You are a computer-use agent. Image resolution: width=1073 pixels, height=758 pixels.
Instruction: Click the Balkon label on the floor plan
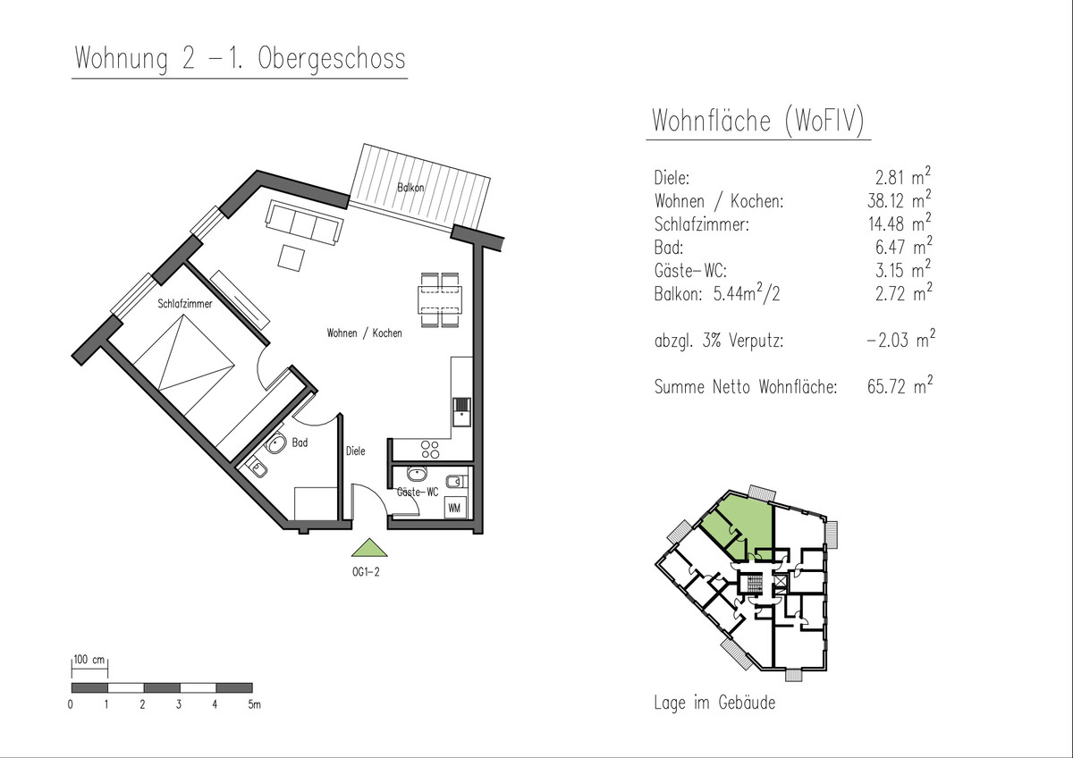pos(410,188)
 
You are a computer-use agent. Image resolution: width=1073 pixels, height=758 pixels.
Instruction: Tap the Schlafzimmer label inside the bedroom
pos(185,304)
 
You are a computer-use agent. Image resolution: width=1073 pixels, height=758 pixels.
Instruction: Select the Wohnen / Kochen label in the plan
pos(364,333)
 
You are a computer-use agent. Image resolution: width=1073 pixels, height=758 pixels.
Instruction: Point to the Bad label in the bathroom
pos(300,443)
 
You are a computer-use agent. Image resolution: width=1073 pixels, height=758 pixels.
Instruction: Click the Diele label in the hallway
pos(356,451)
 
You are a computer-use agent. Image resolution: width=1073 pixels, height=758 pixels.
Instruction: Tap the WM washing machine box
pos(454,508)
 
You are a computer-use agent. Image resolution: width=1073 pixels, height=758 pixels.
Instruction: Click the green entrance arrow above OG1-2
pos(368,548)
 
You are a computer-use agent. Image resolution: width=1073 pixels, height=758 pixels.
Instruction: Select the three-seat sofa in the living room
pos(304,223)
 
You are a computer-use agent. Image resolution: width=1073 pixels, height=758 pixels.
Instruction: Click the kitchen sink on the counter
pos(461,412)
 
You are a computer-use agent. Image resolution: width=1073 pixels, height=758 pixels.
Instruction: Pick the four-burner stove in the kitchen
pos(430,450)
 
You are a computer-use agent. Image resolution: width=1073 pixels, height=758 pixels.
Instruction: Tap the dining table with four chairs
pos(440,300)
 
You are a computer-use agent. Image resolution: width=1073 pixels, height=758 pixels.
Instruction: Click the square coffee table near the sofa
pos(291,258)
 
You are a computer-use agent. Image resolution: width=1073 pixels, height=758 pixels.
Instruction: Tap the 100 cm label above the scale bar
pos(89,660)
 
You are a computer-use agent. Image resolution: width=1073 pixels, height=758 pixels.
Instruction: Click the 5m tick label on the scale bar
pos(254,704)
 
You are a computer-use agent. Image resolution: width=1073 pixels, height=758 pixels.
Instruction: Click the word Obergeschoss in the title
pos(332,60)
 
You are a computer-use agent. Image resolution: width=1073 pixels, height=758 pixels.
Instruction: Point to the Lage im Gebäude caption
pos(714,703)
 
